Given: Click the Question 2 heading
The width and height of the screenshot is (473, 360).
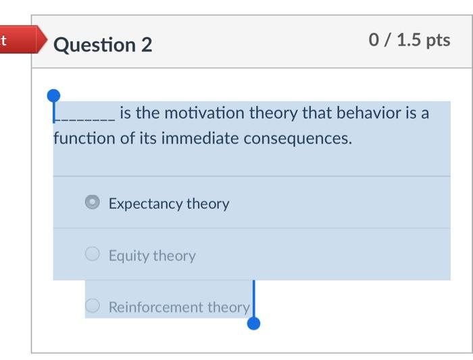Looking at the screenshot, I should pyautogui.click(x=103, y=45).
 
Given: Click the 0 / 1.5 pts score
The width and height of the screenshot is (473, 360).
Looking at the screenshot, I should pyautogui.click(x=409, y=41).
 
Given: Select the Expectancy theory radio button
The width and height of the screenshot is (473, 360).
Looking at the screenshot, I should pyautogui.click(x=93, y=203).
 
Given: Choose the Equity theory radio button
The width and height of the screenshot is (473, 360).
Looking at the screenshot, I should pyautogui.click(x=93, y=255).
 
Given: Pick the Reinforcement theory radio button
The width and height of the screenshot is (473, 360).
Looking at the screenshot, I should pyautogui.click(x=93, y=306).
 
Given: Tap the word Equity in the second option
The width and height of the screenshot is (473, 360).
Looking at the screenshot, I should pyautogui.click(x=129, y=255).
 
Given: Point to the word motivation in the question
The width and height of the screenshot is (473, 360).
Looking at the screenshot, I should pyautogui.click(x=205, y=113).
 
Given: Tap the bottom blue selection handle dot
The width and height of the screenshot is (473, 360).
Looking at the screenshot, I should pyautogui.click(x=253, y=324).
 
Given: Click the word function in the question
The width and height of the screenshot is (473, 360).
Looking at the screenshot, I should pyautogui.click(x=84, y=139).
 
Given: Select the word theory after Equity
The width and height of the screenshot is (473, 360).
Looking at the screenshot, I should pyautogui.click(x=174, y=255).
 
